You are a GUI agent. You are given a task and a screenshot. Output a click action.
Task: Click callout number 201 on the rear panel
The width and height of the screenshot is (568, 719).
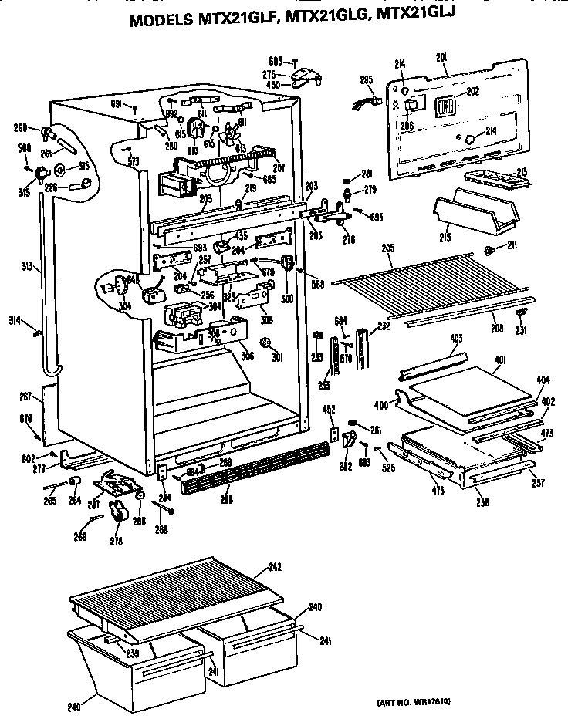coord(441,59)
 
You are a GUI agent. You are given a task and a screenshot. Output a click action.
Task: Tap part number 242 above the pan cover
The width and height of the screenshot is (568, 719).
coord(274,568)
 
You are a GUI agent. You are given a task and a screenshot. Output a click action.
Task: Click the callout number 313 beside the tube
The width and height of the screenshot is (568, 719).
coord(26,267)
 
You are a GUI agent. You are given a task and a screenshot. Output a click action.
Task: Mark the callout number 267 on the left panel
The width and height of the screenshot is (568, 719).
coord(25,397)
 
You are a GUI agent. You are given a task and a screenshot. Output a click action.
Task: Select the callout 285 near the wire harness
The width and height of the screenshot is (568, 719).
coord(366,79)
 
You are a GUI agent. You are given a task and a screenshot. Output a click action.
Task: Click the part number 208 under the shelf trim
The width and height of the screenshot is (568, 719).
coord(497,328)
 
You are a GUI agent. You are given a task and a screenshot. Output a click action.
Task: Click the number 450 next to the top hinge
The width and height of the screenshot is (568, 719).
coord(272,86)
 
